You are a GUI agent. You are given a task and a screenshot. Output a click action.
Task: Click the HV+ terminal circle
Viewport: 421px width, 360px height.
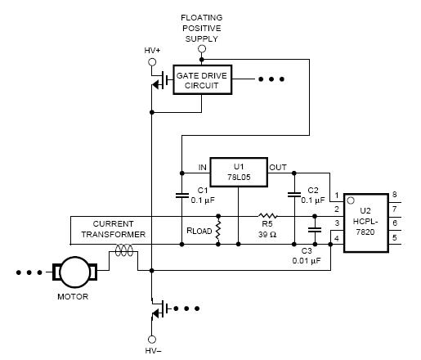pyautogui.click(x=152, y=62)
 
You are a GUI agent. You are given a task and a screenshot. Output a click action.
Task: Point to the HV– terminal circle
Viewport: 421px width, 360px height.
pyautogui.click(x=152, y=340)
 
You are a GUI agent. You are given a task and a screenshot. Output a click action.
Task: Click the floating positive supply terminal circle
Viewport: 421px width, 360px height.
pyautogui.click(x=202, y=49)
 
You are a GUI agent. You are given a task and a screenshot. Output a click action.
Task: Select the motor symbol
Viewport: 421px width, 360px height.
pyautogui.click(x=74, y=272)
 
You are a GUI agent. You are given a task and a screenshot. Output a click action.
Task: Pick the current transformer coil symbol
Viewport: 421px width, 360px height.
pyautogui.click(x=124, y=250)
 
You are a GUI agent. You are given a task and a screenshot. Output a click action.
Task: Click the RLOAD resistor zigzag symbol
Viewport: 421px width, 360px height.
pyautogui.click(x=218, y=231)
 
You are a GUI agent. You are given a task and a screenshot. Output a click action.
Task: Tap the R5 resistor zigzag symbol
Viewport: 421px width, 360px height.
pyautogui.click(x=267, y=216)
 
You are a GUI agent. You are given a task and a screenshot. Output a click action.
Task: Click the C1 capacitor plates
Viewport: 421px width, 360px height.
pyautogui.click(x=182, y=196)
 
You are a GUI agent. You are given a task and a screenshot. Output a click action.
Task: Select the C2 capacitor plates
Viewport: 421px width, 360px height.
pyautogui.click(x=294, y=195)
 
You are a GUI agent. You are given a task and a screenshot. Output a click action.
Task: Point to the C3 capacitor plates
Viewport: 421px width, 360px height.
pyautogui.click(x=315, y=230)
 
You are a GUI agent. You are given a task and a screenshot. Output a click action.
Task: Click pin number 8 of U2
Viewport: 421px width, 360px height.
pyautogui.click(x=394, y=195)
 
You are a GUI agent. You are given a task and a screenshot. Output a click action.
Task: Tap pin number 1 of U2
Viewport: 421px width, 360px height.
pyautogui.click(x=337, y=196)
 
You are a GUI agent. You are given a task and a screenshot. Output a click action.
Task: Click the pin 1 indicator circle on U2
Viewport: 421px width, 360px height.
pyautogui.click(x=351, y=200)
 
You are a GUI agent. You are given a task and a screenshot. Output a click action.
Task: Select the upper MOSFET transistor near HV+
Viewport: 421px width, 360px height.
pyautogui.click(x=161, y=80)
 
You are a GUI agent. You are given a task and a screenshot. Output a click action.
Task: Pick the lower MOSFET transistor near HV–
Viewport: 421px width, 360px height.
pyautogui.click(x=161, y=309)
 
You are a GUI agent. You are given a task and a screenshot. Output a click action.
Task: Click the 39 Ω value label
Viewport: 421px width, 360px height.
pyautogui.click(x=267, y=235)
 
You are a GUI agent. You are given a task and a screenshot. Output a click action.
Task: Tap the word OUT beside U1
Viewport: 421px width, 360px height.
pyautogui.click(x=278, y=167)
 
